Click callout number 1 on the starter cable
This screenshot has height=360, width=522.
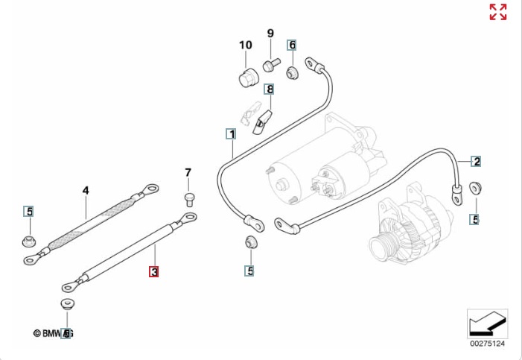pos(232,135)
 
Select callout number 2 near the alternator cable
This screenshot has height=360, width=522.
pos(476,161)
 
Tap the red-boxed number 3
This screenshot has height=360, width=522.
pos(153,272)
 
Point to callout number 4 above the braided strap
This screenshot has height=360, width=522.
pos(86,191)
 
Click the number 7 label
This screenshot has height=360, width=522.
pos(188,173)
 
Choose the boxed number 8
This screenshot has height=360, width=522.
pos(269,89)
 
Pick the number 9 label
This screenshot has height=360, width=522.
pos(270,34)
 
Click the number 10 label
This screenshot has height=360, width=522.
pos(246,45)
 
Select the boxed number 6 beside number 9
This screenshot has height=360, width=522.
pos(292,45)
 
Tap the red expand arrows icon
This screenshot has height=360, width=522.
pos(497,12)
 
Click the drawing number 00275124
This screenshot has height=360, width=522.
pos(487,344)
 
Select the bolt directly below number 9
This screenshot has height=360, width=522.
pos(271,64)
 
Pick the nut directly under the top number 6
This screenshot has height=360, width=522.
pos(292,72)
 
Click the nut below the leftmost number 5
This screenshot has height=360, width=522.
pos(29,241)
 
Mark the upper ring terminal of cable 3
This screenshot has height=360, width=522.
pos(188,218)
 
